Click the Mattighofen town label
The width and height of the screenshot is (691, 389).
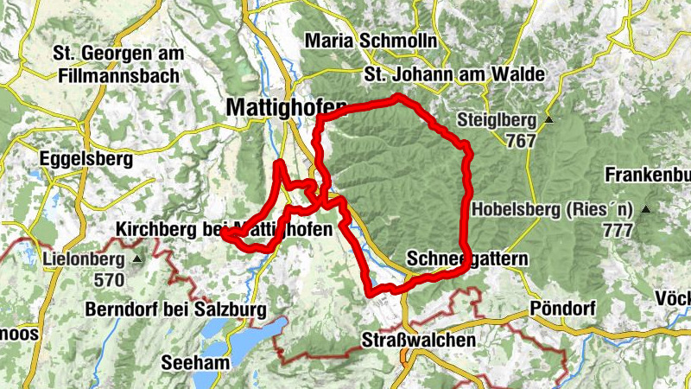pos(285,107)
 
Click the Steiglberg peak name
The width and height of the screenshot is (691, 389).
pos(498,120)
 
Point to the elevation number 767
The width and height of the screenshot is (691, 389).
pos(521,141)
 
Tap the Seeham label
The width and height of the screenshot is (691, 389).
pos(196,363)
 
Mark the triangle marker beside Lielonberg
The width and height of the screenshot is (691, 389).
pos(138,258)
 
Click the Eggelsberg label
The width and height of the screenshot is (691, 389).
pos(86,159)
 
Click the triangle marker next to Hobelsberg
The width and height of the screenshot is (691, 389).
pos(644,209)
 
